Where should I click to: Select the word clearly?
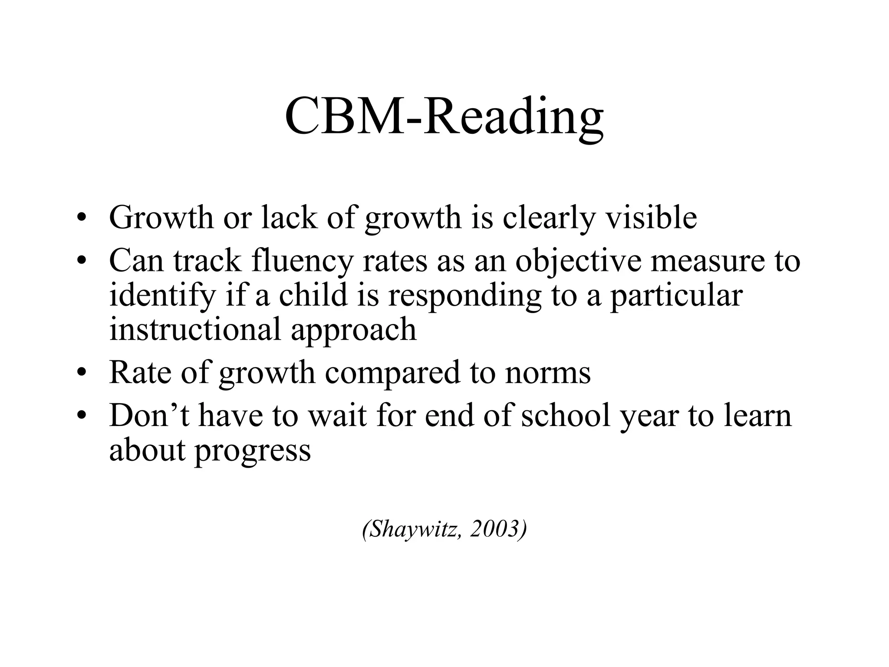coord(548,218)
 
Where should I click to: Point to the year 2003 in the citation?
coord(494,528)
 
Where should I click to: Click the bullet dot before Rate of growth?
coord(80,373)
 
